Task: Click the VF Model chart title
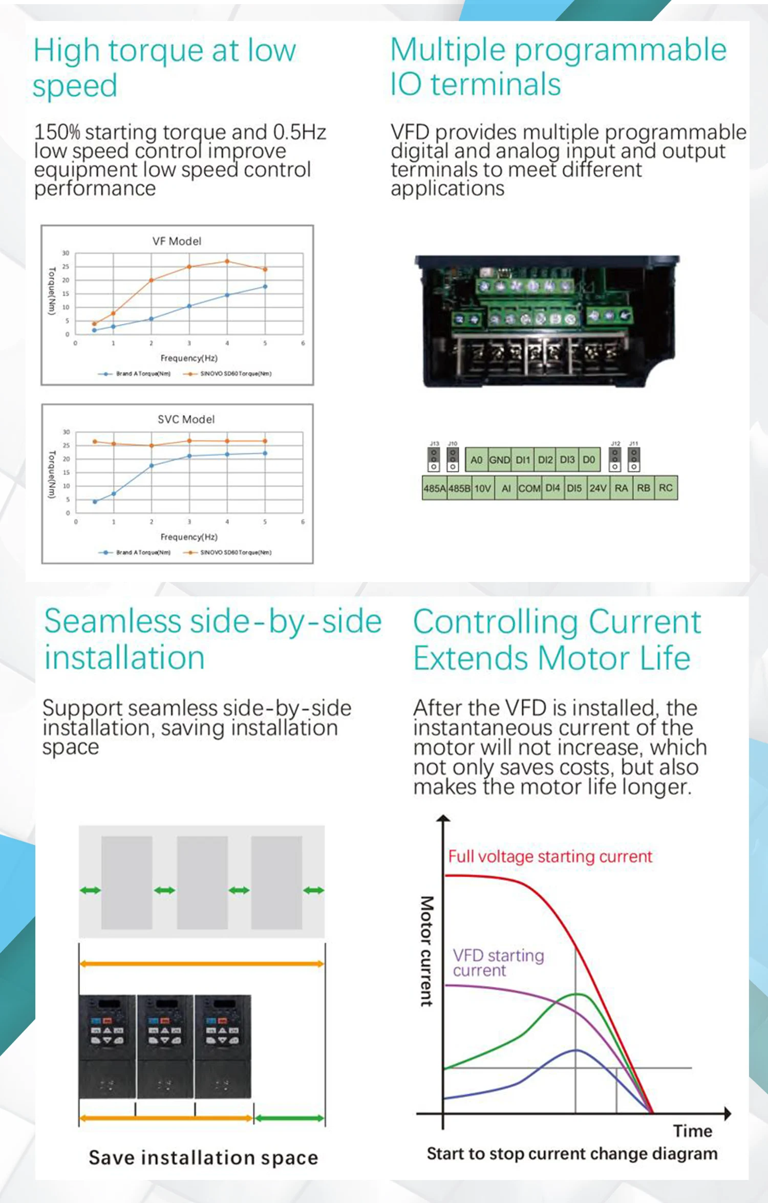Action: tap(177, 241)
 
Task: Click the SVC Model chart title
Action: tap(186, 419)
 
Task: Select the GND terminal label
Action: tap(499, 460)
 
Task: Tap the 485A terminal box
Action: tap(434, 488)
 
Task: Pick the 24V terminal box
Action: tap(598, 488)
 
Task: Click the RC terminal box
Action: tap(666, 488)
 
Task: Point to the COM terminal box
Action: tap(529, 488)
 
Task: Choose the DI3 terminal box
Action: tap(567, 460)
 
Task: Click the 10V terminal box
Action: tap(482, 488)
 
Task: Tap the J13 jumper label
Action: tap(434, 443)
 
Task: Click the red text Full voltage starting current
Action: tap(550, 856)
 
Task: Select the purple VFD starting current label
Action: tap(498, 962)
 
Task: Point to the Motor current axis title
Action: tap(427, 951)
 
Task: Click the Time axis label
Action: tap(692, 1131)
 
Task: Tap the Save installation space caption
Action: tap(203, 1157)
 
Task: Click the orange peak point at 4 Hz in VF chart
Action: tap(227, 262)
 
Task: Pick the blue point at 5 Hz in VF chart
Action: tap(265, 287)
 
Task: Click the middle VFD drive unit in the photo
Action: tap(165, 1046)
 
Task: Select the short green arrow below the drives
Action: tap(289, 1118)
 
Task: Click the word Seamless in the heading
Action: tap(113, 621)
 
